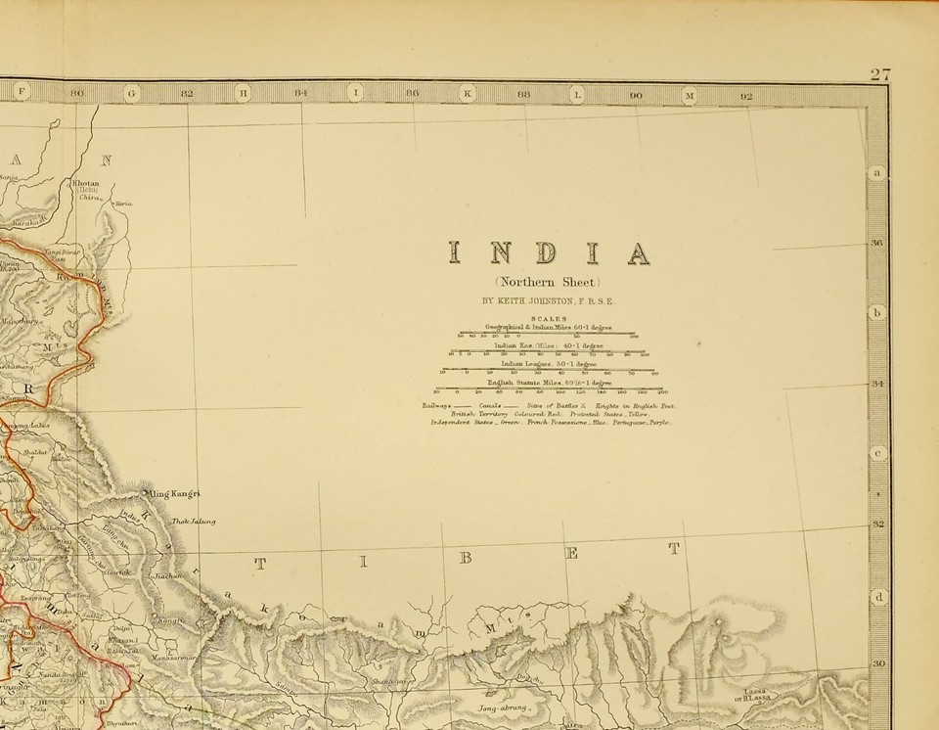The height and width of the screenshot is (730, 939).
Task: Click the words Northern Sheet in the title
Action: tap(549, 284)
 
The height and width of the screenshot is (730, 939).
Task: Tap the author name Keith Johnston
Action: tap(548, 302)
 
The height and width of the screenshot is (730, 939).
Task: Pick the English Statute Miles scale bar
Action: tap(549, 389)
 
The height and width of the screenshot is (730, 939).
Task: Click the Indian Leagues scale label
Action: tap(548, 363)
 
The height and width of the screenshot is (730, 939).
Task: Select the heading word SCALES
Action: tap(548, 319)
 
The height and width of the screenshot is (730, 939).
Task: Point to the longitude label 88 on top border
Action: tap(524, 95)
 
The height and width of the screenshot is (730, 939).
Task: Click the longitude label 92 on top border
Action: tap(747, 96)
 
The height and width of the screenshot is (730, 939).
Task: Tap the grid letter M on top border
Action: tap(689, 96)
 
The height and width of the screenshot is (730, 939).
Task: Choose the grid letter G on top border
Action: tap(132, 94)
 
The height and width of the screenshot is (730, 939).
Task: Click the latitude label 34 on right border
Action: tap(877, 384)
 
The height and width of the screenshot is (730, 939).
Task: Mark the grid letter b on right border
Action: tap(877, 313)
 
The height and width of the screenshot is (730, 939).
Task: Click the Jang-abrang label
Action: tap(503, 707)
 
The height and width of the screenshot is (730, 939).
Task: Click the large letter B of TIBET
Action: tap(466, 559)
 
